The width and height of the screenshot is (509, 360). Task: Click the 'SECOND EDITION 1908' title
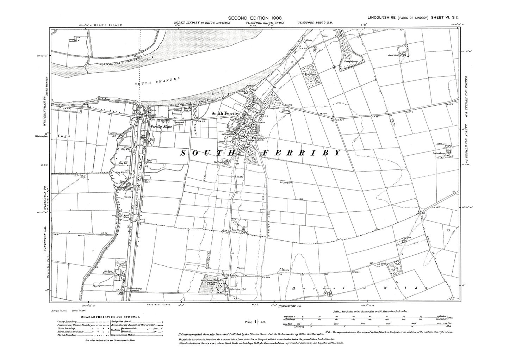pos(255,18)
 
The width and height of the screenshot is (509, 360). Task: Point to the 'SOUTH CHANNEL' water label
pos(157,82)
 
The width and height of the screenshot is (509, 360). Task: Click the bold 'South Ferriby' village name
pos(225,114)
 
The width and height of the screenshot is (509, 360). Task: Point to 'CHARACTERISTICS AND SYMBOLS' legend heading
pos(110,317)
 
